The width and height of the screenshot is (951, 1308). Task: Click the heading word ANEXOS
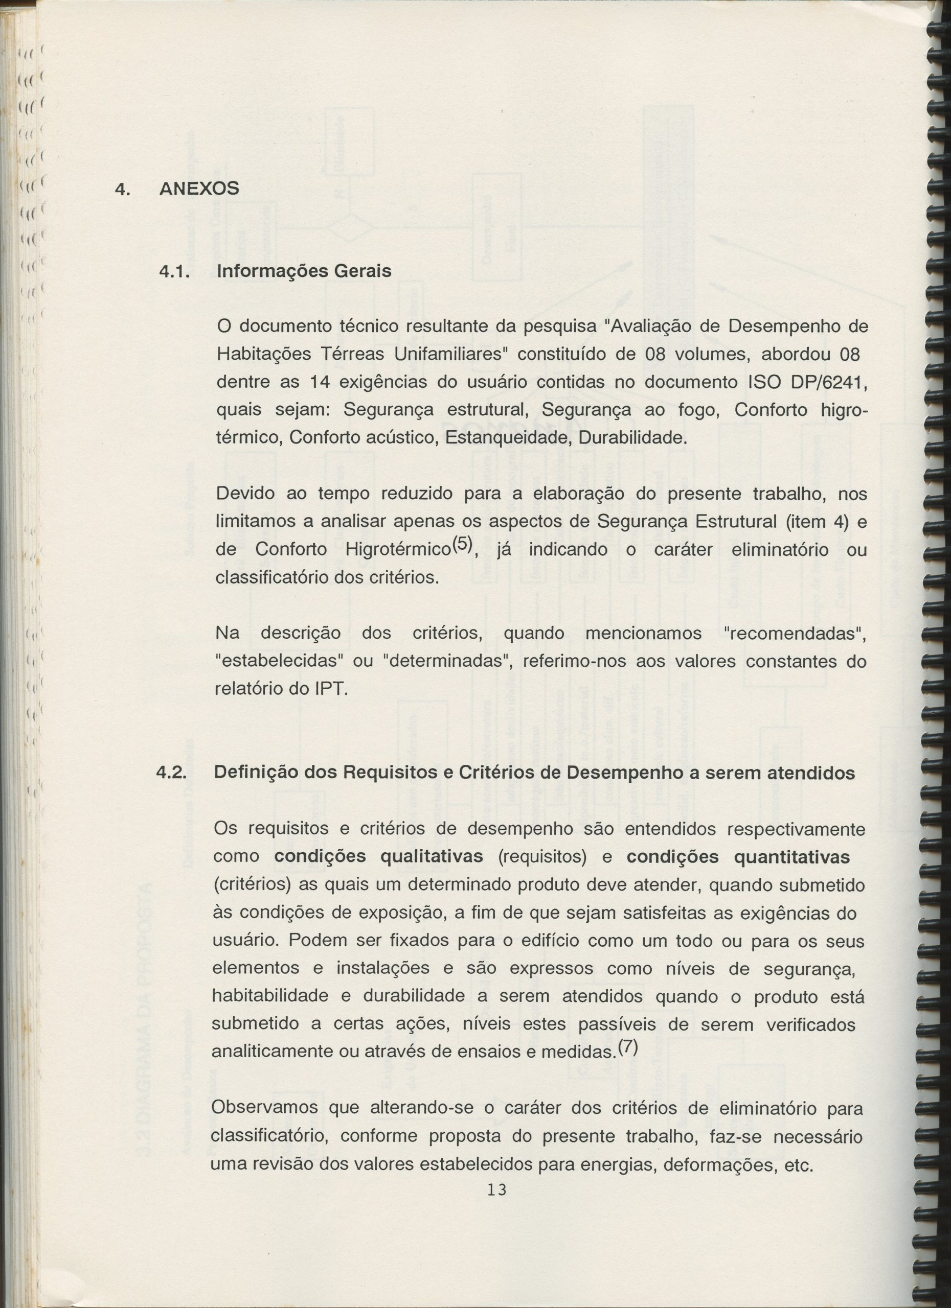[199, 189]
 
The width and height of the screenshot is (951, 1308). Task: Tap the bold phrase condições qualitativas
[378, 857]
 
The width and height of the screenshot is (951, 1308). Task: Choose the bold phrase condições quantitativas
[738, 857]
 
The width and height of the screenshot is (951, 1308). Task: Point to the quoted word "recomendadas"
[795, 633]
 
